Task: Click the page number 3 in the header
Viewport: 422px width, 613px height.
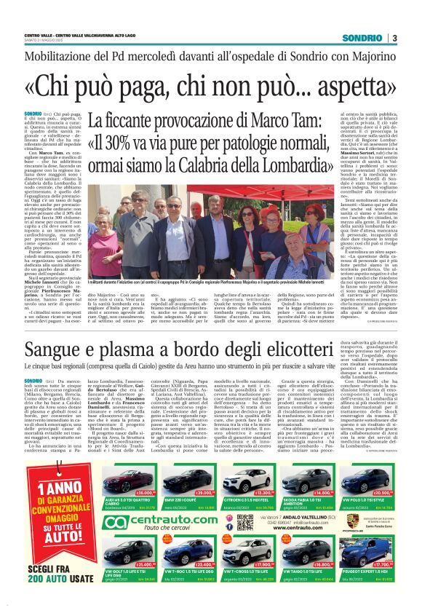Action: pos(394,38)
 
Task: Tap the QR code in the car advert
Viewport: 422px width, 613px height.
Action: pos(245,522)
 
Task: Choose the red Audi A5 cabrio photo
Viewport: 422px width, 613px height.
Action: pos(127,480)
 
